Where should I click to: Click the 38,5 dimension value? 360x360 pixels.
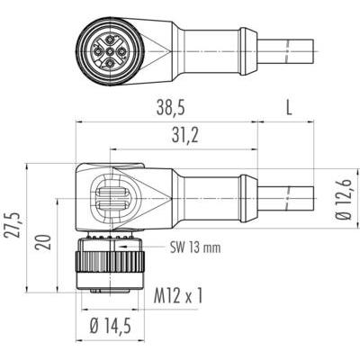(170, 108)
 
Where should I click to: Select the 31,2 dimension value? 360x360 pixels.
(185, 137)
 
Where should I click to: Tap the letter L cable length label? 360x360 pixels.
(289, 108)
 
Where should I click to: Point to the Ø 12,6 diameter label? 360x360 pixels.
(345, 199)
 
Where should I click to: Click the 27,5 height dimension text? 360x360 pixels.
(13, 225)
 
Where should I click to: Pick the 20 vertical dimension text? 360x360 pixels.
(42, 242)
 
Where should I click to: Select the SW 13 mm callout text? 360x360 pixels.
(195, 247)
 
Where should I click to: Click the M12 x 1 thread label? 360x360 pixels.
(178, 295)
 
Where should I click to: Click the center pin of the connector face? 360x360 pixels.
(111, 52)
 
